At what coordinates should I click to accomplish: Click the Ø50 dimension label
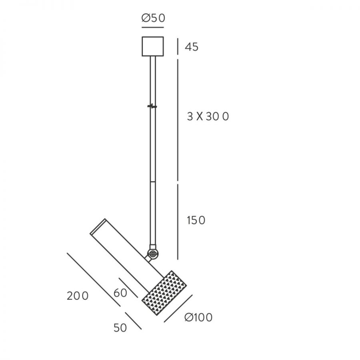(153, 18)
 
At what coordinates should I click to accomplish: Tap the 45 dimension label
(192, 47)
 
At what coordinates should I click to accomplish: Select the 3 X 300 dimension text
(208, 117)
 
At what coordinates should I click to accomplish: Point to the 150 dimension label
(196, 220)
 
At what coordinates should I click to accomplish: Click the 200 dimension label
(78, 296)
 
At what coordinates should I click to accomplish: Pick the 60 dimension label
(120, 293)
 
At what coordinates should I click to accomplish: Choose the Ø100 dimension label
(198, 318)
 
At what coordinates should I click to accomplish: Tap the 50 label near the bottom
(120, 328)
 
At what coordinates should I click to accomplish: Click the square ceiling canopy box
(153, 46)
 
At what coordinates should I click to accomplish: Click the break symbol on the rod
(152, 106)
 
